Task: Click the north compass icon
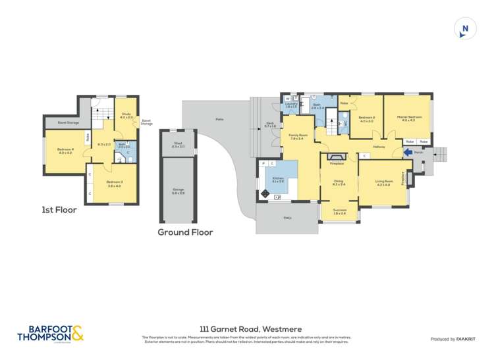465,28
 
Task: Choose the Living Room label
383,182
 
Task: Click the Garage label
178,191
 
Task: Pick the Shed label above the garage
178,144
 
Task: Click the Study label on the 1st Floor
126,115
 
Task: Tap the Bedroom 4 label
64,151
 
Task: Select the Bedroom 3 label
114,184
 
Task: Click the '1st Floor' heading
59,211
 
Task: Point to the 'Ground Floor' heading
185,232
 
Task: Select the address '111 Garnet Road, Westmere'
246,328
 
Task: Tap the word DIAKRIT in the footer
466,338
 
